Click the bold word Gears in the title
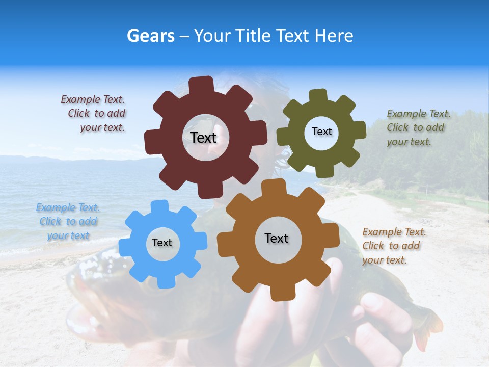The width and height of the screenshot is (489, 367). coord(150,36)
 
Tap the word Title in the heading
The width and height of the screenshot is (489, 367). coord(254,36)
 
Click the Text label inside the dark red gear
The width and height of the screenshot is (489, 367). coord(203,138)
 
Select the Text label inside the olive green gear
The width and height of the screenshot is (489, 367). coord(321,132)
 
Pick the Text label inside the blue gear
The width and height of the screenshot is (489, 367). coord(162,243)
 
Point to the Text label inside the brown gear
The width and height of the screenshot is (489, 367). coord(277,238)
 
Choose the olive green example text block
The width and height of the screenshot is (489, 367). coord(418,127)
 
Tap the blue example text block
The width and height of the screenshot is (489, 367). coord(68,222)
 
